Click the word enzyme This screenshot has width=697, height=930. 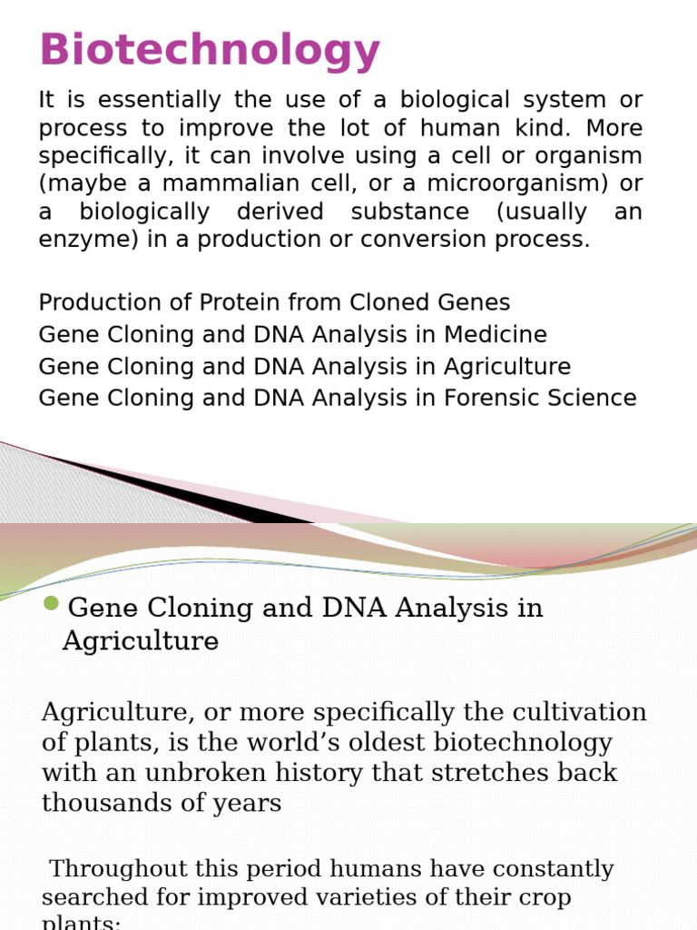click(78, 240)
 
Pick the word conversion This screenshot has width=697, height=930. click(474, 240)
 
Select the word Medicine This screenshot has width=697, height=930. click(496, 334)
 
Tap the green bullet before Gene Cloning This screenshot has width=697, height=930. click(51, 604)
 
